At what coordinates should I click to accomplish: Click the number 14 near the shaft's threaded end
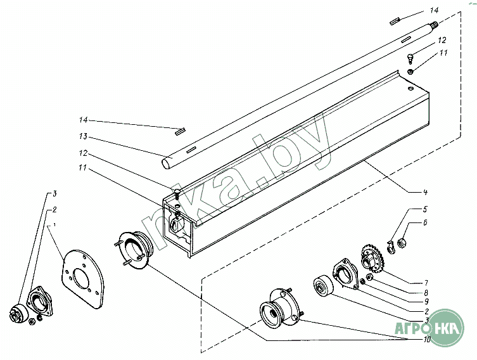[x=433, y=11]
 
